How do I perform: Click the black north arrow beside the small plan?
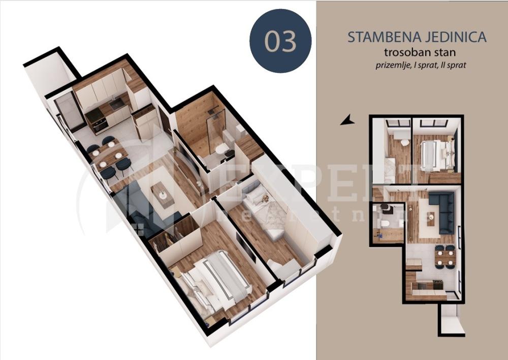[x=347, y=120]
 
